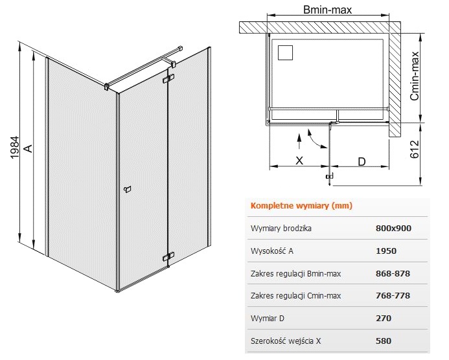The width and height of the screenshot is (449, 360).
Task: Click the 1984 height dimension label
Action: [14, 148]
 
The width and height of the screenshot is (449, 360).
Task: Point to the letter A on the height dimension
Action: [28, 148]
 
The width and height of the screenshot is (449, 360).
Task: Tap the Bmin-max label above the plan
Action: [327, 10]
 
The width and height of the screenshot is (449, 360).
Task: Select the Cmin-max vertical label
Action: [415, 76]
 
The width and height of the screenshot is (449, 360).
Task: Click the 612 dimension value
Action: [415, 149]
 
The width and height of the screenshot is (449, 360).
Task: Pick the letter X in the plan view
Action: [299, 161]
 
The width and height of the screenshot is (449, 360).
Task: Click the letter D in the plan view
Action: [362, 162]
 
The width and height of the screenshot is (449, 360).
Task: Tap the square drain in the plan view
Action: [285, 52]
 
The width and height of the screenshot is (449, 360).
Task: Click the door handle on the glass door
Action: [128, 189]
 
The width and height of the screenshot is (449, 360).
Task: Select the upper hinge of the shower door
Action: [168, 79]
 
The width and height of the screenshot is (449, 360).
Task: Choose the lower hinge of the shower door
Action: [168, 256]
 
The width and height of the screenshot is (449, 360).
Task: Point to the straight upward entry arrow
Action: [299, 141]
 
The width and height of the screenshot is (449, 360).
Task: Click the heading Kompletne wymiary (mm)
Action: [301, 206]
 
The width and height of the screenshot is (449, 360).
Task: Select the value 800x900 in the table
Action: [393, 229]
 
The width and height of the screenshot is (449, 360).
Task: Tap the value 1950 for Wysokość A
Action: [386, 251]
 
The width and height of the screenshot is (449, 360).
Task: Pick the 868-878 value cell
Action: [393, 274]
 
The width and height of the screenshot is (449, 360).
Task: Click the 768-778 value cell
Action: [393, 296]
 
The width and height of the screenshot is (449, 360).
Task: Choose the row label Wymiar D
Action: [268, 318]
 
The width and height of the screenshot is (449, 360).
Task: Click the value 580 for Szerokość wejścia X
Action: [384, 341]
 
